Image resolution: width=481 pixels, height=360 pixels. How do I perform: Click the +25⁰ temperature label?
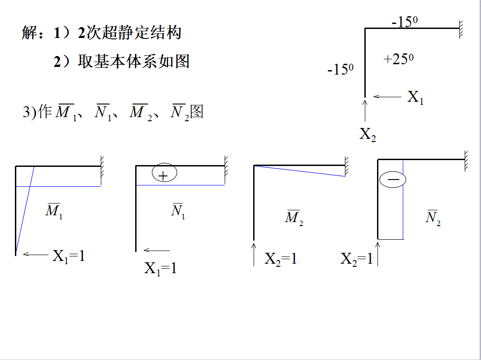[x=398, y=59]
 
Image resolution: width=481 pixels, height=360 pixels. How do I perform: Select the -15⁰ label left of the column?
[x=340, y=70]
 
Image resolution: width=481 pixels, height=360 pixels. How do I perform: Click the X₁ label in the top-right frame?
[x=415, y=97]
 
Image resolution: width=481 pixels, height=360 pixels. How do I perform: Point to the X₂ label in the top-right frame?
[x=368, y=134]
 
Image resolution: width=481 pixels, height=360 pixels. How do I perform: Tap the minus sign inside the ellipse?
[x=393, y=180]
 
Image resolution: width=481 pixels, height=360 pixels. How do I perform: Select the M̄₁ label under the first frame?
[x=54, y=210]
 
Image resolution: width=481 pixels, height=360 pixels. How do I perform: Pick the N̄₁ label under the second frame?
[x=178, y=210]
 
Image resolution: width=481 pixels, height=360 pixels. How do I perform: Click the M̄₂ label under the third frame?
[x=293, y=218]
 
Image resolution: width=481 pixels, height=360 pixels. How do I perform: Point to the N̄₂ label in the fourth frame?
[x=433, y=218]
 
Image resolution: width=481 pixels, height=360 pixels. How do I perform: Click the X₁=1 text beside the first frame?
[x=69, y=256]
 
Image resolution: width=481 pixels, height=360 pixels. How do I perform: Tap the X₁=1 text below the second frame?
[x=160, y=269]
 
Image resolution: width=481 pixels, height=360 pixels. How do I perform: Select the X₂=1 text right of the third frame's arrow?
[x=281, y=259]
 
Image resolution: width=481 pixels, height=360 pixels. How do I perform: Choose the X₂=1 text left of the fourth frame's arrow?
[x=357, y=259]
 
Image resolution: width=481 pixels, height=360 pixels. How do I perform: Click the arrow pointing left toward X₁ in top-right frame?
[x=387, y=96]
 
